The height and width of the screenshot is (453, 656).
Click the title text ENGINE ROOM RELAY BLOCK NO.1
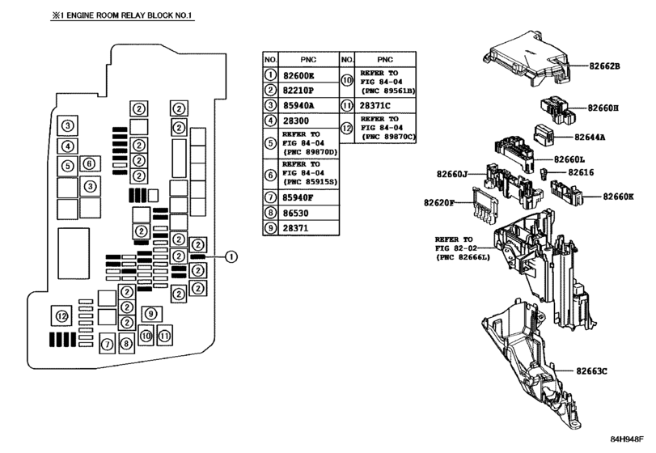[x=104, y=15]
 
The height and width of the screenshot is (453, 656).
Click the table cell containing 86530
[x=299, y=213]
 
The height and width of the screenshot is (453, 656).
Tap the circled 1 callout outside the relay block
[x=231, y=257]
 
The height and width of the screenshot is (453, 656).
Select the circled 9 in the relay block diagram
[x=149, y=314]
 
